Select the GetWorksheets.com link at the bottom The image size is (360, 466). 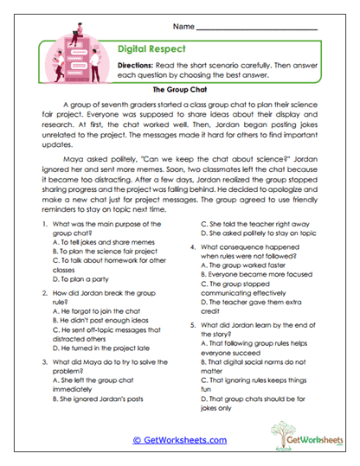click(179, 439)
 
